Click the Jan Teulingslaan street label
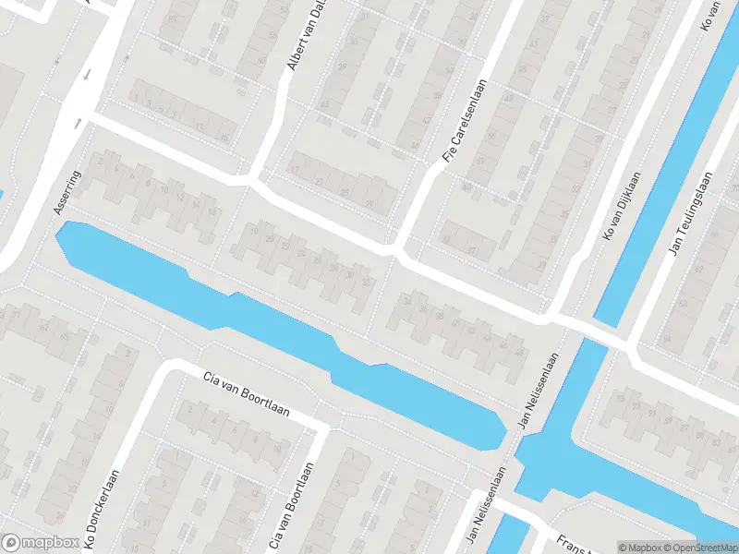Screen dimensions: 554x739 pos(689,213)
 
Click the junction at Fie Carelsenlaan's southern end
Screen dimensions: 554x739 pos(398,250)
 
